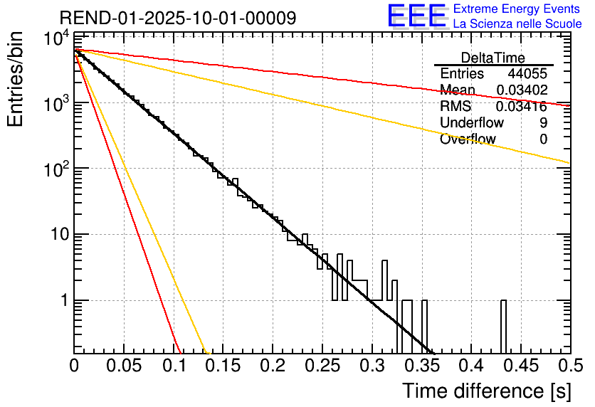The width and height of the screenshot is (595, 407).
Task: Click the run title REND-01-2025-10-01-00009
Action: click(178, 18)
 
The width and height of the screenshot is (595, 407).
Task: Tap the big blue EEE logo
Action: click(416, 16)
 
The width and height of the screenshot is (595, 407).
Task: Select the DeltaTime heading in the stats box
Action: click(493, 58)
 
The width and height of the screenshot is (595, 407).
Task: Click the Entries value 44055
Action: click(527, 74)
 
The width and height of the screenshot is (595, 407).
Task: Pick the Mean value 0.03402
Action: click(522, 90)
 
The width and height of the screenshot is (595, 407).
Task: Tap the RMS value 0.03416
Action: click(522, 107)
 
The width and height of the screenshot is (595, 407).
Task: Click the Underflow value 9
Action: click(543, 123)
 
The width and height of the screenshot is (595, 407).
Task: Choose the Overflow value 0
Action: click(543, 139)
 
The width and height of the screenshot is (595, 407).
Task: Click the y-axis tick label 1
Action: click(62, 301)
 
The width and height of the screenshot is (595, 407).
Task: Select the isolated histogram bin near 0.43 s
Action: click(503, 326)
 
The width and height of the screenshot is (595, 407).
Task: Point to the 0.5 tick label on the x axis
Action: click(569, 366)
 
